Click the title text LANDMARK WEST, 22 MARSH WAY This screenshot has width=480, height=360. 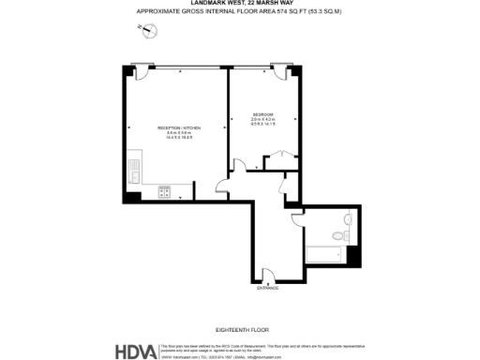[239, 4]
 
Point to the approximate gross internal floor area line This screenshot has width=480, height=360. [239, 11]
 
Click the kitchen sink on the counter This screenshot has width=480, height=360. [134, 172]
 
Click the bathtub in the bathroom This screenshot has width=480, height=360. [324, 253]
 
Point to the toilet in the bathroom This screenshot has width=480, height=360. [348, 221]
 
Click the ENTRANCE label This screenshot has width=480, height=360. [268, 288]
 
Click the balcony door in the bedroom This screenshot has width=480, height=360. [278, 70]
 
